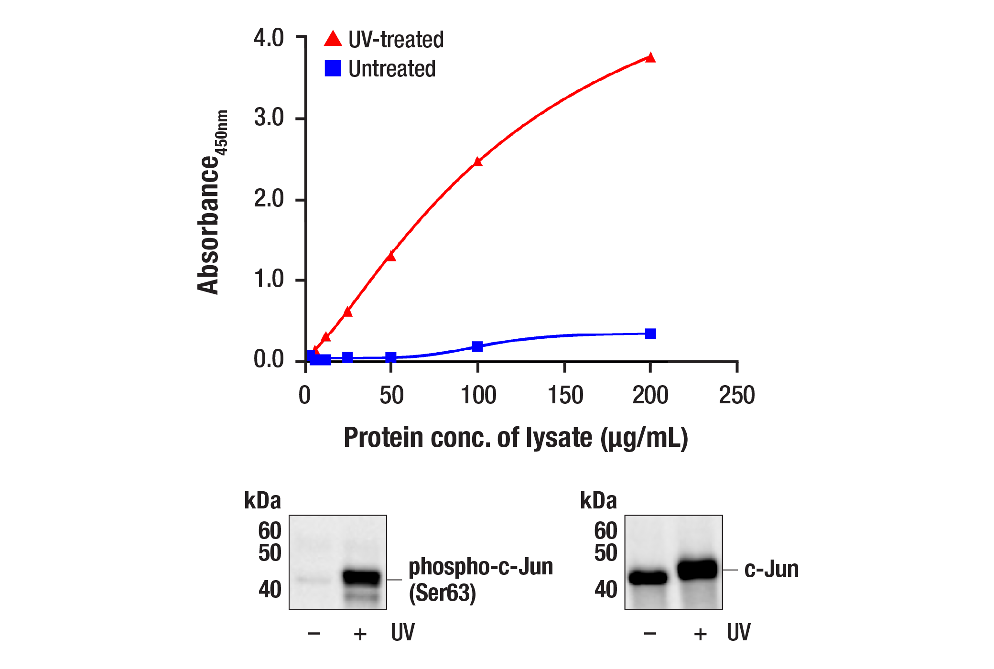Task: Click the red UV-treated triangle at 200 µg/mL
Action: (x=650, y=58)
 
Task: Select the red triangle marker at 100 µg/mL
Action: (x=477, y=162)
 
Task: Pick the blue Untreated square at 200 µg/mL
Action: (x=650, y=334)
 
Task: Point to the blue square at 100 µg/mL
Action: (x=477, y=346)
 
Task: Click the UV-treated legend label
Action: (x=396, y=40)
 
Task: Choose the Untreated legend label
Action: (x=392, y=69)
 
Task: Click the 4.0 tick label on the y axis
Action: (x=269, y=38)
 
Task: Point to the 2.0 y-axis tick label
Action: (x=269, y=199)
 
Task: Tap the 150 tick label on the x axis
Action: (x=565, y=396)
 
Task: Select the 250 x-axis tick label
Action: (x=736, y=396)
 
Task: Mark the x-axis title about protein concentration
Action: (x=516, y=438)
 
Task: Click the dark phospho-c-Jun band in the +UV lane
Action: (x=362, y=577)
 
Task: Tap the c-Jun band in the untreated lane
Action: (x=648, y=578)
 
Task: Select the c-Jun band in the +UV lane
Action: (x=698, y=570)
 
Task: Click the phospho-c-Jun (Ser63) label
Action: (x=480, y=580)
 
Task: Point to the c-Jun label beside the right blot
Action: (x=771, y=569)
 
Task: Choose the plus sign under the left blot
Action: (x=360, y=634)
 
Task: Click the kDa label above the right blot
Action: (x=598, y=501)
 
